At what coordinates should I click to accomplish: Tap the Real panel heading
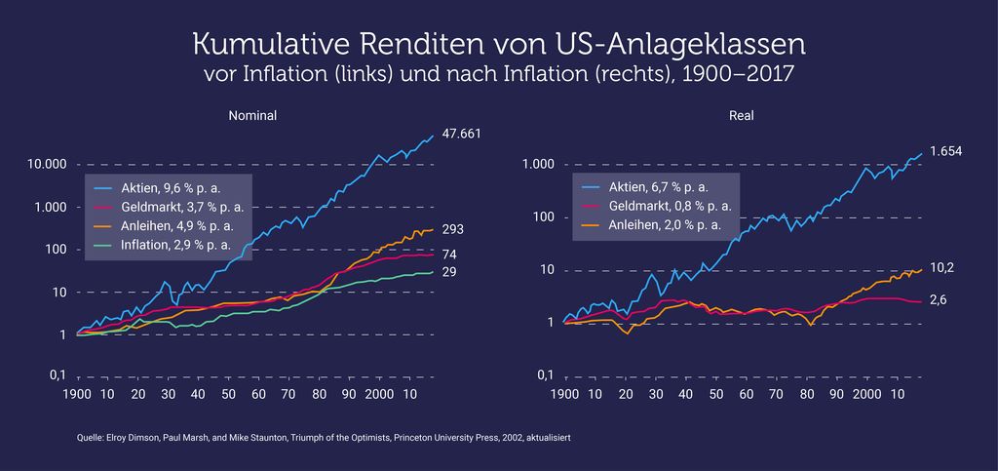point(742,116)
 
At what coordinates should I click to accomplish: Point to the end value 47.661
point(461,134)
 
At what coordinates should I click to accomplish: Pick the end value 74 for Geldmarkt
point(449,255)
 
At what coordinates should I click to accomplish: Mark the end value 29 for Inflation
point(449,272)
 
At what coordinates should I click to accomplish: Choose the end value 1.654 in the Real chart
point(945,151)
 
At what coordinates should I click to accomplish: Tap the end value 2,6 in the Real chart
point(938,299)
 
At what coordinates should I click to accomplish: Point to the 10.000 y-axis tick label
point(47,166)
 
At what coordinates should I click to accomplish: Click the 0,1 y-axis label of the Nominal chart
point(58,375)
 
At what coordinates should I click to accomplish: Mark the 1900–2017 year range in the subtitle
point(738,73)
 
